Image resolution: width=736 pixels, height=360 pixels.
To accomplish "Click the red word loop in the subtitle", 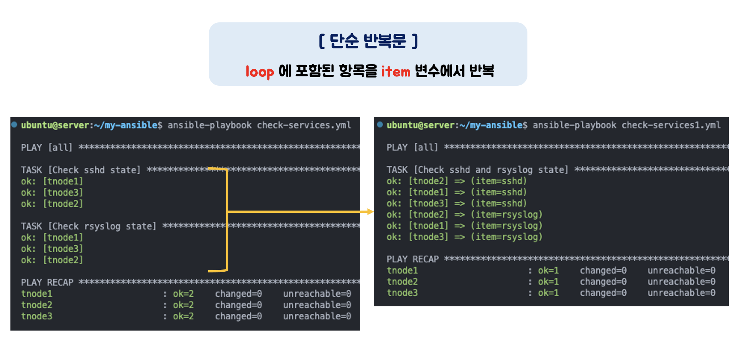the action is click(x=260, y=71).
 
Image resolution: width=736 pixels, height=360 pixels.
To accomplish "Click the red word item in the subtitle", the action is click(x=395, y=71).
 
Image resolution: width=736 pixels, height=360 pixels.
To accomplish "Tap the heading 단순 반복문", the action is click(x=368, y=41).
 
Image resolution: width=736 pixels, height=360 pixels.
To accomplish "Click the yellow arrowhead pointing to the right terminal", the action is click(x=370, y=212).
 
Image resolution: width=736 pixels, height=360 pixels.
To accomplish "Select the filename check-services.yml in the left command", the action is click(x=304, y=125).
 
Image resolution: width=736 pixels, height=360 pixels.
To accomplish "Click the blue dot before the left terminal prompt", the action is click(x=14, y=124).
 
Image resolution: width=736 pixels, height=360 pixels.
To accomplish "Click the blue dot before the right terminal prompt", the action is click(x=380, y=124).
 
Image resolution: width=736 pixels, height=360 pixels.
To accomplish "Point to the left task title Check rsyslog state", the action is click(x=102, y=226).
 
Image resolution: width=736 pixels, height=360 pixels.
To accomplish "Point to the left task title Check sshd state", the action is click(x=94, y=170).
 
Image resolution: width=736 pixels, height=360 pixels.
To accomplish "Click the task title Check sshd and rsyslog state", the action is click(x=491, y=170).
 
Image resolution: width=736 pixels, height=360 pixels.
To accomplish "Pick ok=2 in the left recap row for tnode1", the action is click(x=183, y=294).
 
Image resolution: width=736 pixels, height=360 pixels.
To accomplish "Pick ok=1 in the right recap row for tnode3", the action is click(x=548, y=293).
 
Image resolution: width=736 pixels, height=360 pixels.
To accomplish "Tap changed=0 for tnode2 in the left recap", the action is click(x=238, y=305).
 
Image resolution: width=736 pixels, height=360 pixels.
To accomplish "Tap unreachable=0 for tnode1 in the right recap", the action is click(x=681, y=271).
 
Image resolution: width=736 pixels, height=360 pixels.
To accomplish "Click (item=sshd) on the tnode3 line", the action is click(x=499, y=203).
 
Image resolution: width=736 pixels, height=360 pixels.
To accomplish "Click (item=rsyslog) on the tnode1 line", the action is click(x=507, y=226).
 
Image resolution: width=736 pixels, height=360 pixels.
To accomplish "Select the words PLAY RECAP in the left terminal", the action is click(x=47, y=282).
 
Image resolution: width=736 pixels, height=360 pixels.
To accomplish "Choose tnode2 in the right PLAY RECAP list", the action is click(x=402, y=282).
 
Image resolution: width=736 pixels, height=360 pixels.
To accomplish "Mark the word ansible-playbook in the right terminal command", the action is click(x=574, y=125).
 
